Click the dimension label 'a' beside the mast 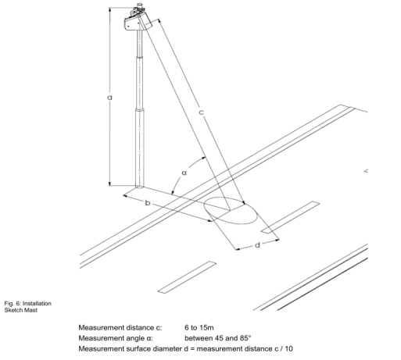[109, 98]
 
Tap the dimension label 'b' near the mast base [148, 202]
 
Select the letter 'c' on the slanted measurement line [201, 112]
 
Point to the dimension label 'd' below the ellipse [257, 245]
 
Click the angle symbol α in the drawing [184, 173]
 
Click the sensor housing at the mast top [138, 20]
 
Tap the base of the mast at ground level [139, 186]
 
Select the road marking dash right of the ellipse [291, 217]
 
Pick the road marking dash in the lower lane [187, 277]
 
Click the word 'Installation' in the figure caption [37, 304]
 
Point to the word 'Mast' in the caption [31, 310]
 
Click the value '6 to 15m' [199, 327]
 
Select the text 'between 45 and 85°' [218, 338]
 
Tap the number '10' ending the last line [288, 348]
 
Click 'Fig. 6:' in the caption [13, 304]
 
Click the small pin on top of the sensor [140, 5]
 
